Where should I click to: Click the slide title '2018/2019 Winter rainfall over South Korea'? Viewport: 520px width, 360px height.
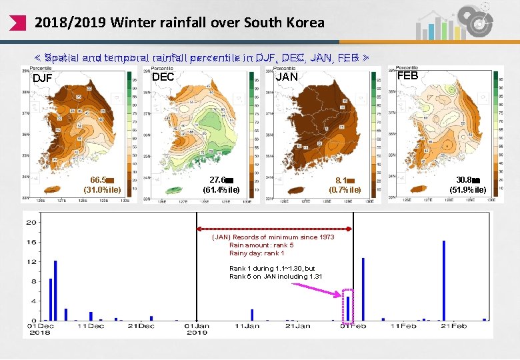179,23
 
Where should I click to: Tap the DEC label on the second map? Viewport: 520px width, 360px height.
163,77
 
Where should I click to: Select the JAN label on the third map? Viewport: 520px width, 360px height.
287,77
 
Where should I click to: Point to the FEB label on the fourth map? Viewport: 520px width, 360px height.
407,76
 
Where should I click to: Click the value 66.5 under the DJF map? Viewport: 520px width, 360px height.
99,180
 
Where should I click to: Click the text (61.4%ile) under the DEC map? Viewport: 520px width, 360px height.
221,190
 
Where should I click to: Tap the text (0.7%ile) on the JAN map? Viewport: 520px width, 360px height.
345,190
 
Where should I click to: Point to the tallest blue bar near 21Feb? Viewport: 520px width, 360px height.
443,280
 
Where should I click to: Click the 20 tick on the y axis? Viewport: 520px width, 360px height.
31,223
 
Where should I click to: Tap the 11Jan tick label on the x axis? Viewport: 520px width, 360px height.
247,326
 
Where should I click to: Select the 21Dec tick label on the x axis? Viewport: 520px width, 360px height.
141,326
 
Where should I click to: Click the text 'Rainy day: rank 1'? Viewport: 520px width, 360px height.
257,253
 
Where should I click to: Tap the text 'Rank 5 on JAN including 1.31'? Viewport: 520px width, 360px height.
276,277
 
